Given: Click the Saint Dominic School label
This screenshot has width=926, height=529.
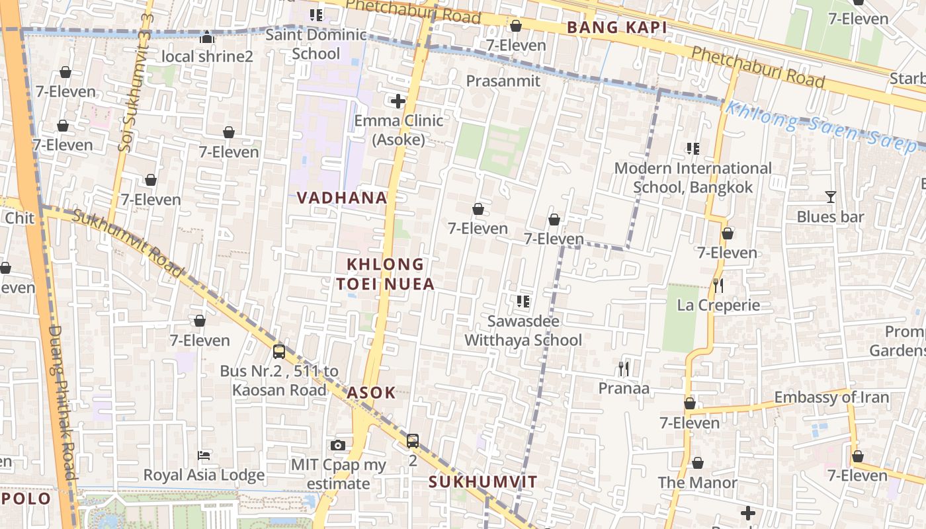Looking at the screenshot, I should (316, 44).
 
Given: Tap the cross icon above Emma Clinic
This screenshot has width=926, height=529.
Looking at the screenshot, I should (398, 101).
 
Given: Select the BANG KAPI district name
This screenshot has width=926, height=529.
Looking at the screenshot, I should (617, 28).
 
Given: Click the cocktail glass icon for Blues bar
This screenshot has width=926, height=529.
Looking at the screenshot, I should (830, 197).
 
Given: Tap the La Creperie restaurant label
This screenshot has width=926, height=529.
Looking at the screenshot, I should (718, 305).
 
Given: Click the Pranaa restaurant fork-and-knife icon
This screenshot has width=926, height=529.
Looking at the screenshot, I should (624, 368).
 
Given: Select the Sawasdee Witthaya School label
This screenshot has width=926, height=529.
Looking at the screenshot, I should (523, 331).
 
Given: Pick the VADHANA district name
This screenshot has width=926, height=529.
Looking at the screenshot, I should (342, 198).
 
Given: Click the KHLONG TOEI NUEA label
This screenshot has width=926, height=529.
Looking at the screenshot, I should (386, 274).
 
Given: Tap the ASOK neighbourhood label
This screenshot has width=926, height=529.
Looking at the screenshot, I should (371, 392).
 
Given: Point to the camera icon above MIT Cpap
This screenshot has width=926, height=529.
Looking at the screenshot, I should (338, 445).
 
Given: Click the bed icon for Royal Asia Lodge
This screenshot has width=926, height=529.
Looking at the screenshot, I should (204, 456).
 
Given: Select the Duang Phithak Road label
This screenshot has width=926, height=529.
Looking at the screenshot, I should (63, 403).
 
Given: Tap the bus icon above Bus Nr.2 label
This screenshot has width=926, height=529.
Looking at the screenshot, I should (279, 351).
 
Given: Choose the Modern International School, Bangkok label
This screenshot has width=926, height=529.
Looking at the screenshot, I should (693, 178).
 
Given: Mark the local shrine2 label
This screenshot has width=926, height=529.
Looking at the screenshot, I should (207, 56).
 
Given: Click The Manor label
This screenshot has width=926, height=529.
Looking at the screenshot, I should (697, 483).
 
